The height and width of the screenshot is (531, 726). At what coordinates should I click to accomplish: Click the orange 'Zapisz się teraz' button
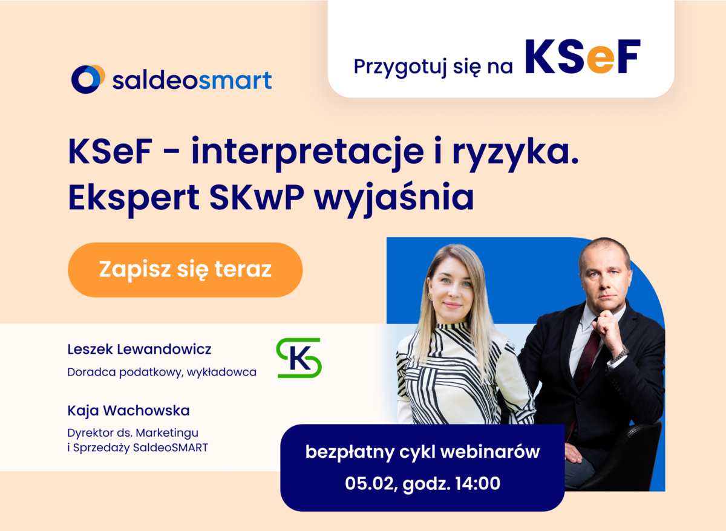pyautogui.click(x=185, y=270)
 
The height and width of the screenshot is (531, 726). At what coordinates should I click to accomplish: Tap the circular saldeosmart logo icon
pyautogui.click(x=88, y=79)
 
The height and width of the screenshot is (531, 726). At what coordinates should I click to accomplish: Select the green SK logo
pyautogui.click(x=298, y=357)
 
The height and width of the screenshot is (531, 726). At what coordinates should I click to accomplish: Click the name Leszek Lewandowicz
pyautogui.click(x=139, y=349)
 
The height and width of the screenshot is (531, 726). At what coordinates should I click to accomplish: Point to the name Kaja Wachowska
pyautogui.click(x=128, y=411)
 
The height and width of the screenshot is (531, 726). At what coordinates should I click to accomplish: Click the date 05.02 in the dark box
pyautogui.click(x=370, y=483)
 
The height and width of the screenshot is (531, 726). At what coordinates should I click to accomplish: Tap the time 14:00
pyautogui.click(x=478, y=483)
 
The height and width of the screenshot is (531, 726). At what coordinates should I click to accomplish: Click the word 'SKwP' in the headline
pyautogui.click(x=257, y=197)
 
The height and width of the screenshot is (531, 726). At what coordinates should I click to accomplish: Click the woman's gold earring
pyautogui.click(x=431, y=296)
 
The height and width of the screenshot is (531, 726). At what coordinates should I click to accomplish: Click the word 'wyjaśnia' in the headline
pyautogui.click(x=394, y=198)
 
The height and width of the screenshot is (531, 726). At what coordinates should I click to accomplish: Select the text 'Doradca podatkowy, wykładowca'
pyautogui.click(x=162, y=373)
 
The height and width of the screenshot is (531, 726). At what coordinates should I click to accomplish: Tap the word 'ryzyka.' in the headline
pyautogui.click(x=515, y=152)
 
